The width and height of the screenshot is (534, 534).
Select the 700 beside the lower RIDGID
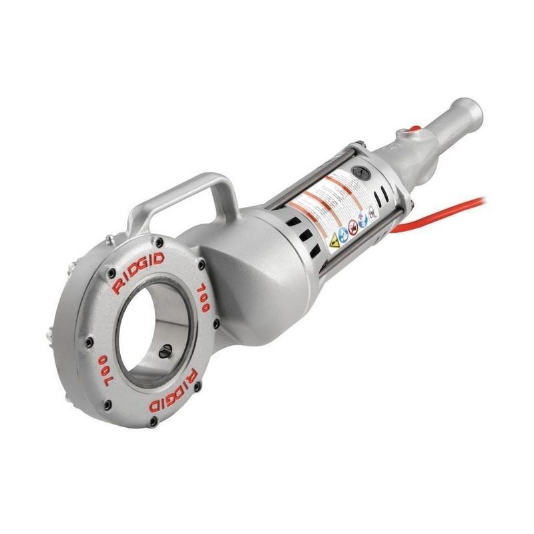(107, 366)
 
